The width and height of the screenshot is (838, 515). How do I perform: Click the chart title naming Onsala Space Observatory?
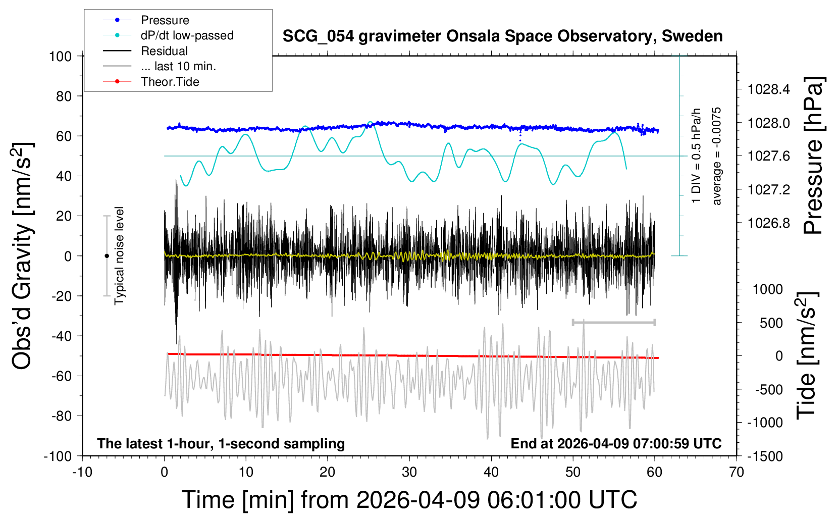502,36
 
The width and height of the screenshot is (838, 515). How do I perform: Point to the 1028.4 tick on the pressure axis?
769,89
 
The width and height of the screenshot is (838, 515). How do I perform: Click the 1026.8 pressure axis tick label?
769,223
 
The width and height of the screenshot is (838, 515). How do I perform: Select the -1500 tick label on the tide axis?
765,456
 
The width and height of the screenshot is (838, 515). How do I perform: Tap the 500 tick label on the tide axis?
771,323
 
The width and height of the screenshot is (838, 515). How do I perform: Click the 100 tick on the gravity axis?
60,57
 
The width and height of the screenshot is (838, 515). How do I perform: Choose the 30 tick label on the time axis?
409,472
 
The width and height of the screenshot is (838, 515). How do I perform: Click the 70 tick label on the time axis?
736,472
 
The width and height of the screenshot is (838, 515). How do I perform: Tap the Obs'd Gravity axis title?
22,256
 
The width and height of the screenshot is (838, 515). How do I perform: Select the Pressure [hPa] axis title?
813,156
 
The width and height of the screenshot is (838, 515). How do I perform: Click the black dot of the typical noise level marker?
107,256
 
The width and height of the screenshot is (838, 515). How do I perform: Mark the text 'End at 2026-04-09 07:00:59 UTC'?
616,443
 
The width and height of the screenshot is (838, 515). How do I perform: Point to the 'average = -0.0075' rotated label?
716,156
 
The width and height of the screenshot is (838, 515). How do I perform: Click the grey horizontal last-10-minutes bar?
613,322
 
